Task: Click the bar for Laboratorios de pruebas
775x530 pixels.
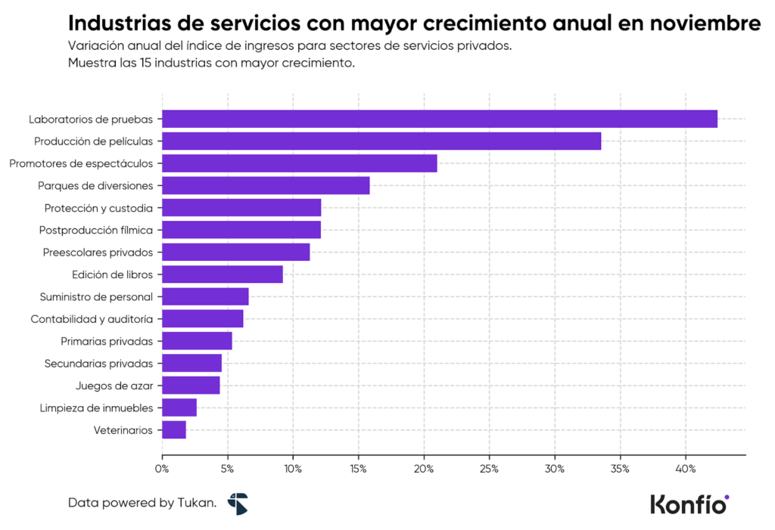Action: click(x=439, y=119)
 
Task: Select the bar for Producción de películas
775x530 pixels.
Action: click(x=381, y=141)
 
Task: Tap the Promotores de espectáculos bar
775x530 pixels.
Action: click(x=299, y=163)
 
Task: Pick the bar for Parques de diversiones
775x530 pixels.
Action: click(x=266, y=185)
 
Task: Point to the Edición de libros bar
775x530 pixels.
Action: click(x=223, y=274)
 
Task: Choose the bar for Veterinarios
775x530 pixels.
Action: click(x=174, y=430)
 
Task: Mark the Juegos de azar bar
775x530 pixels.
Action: click(x=191, y=386)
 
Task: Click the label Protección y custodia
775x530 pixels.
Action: click(x=98, y=208)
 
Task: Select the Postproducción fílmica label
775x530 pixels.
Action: click(x=96, y=230)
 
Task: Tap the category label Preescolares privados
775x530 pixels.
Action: click(x=98, y=252)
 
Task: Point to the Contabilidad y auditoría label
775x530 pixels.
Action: click(x=92, y=319)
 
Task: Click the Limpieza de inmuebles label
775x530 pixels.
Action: click(x=96, y=408)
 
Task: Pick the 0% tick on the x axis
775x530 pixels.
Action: click(x=162, y=469)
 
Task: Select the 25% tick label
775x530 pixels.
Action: click(x=489, y=469)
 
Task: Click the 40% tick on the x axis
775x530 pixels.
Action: click(x=686, y=469)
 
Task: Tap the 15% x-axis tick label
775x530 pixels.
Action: click(x=358, y=469)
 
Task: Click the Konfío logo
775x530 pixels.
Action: click(x=689, y=504)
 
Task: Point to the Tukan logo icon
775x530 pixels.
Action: click(x=238, y=504)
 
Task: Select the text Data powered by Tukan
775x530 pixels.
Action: click(x=142, y=502)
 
